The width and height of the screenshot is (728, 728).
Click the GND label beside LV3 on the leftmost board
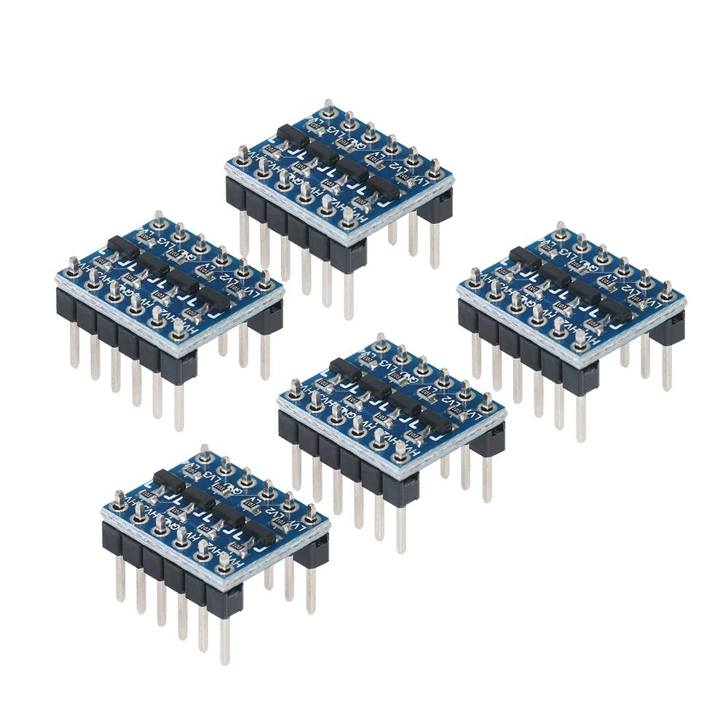click(186, 256)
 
